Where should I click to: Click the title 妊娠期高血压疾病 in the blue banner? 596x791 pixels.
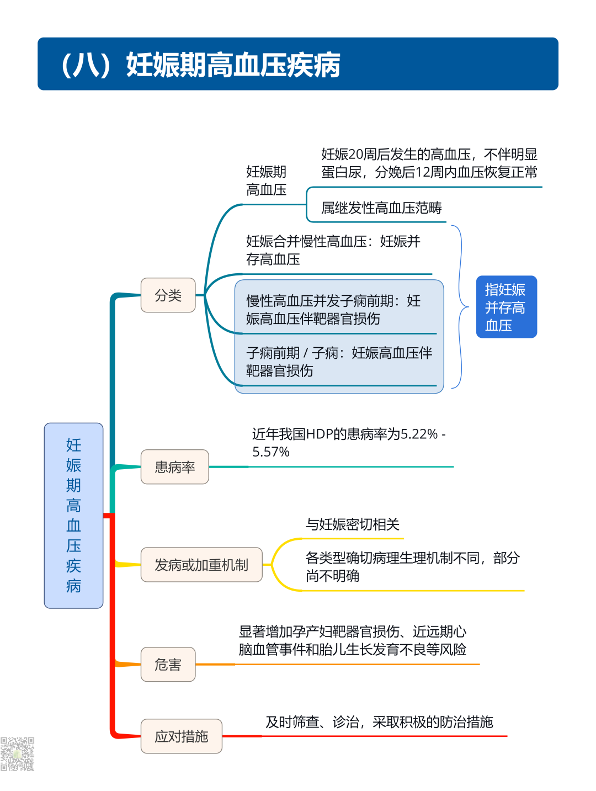click(233, 65)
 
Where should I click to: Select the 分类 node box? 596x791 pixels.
click(168, 295)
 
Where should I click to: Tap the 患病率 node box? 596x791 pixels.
click(175, 467)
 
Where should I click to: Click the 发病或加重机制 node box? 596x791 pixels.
click(201, 565)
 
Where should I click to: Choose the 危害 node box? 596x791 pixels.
click(168, 665)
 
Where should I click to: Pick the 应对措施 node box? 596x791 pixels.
click(182, 736)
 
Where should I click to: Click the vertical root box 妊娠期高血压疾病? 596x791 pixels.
click(73, 516)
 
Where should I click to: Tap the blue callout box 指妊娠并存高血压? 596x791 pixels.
click(506, 307)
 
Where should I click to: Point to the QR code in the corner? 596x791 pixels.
click(17, 753)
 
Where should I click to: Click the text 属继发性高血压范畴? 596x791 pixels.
click(381, 208)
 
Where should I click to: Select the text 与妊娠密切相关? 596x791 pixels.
click(352, 524)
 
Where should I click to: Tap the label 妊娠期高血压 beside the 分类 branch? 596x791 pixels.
click(266, 181)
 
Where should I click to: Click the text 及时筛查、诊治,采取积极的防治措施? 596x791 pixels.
click(379, 722)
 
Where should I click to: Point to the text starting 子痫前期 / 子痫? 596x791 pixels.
click(338, 362)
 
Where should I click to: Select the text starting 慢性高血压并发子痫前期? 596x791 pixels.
click(333, 310)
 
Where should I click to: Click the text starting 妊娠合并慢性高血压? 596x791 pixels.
click(333, 250)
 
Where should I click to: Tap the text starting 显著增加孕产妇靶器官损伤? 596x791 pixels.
click(352, 640)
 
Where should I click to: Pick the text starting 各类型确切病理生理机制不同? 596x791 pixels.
click(412, 567)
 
